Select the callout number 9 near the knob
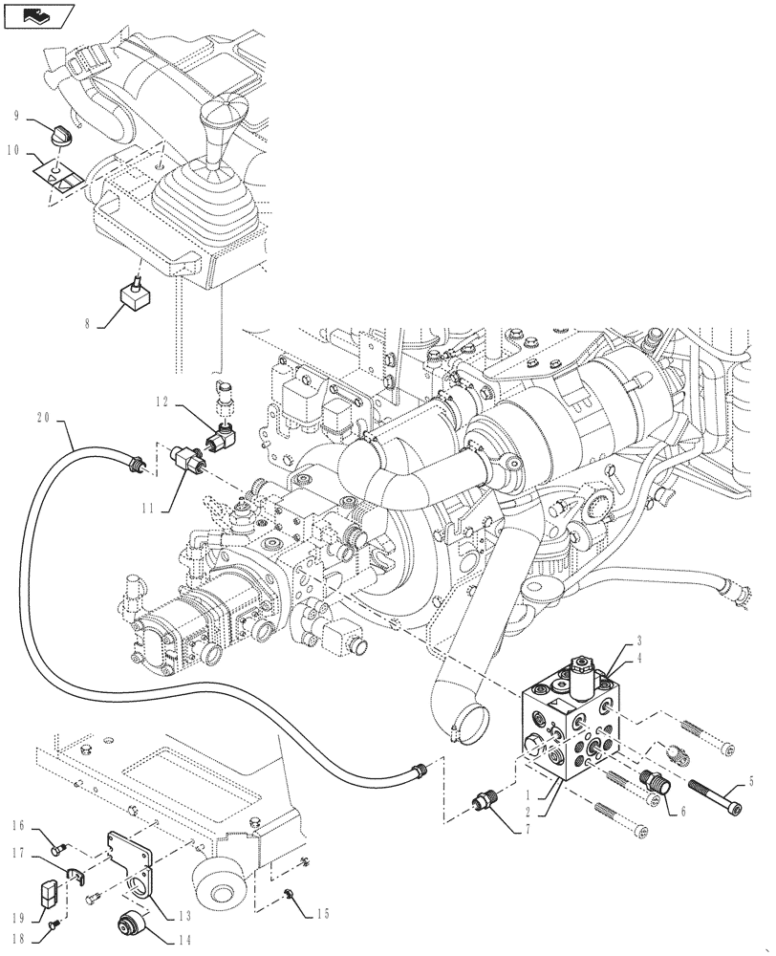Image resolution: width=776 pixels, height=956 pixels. pyautogui.click(x=17, y=116)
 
